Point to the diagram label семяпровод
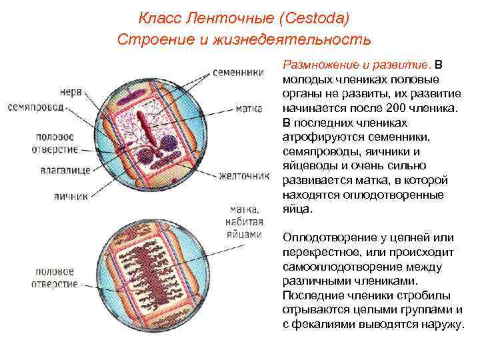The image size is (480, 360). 36,107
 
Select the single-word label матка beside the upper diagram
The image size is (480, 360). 249,108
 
